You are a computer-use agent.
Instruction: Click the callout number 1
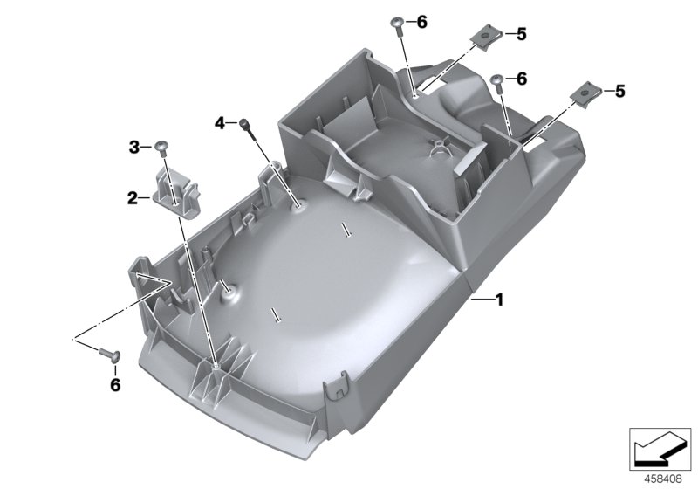(x=499, y=300)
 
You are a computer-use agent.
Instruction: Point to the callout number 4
(x=221, y=122)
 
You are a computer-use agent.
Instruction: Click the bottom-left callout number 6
(x=114, y=383)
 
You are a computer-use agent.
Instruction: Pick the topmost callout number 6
(x=422, y=22)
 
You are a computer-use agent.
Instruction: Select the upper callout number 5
(x=522, y=34)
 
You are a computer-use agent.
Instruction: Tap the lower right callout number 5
(x=620, y=90)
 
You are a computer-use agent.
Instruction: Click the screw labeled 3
(x=161, y=147)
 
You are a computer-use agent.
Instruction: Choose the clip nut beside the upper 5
(x=484, y=37)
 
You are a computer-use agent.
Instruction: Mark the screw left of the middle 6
(x=497, y=83)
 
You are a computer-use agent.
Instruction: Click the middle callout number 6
(x=522, y=79)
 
